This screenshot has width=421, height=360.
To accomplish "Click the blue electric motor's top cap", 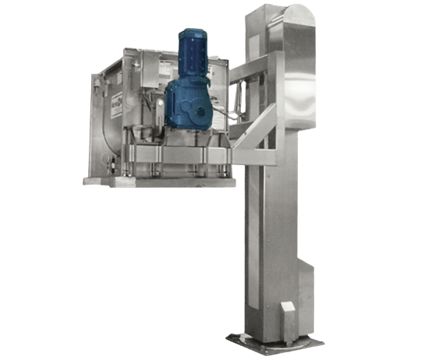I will click(192, 35).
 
